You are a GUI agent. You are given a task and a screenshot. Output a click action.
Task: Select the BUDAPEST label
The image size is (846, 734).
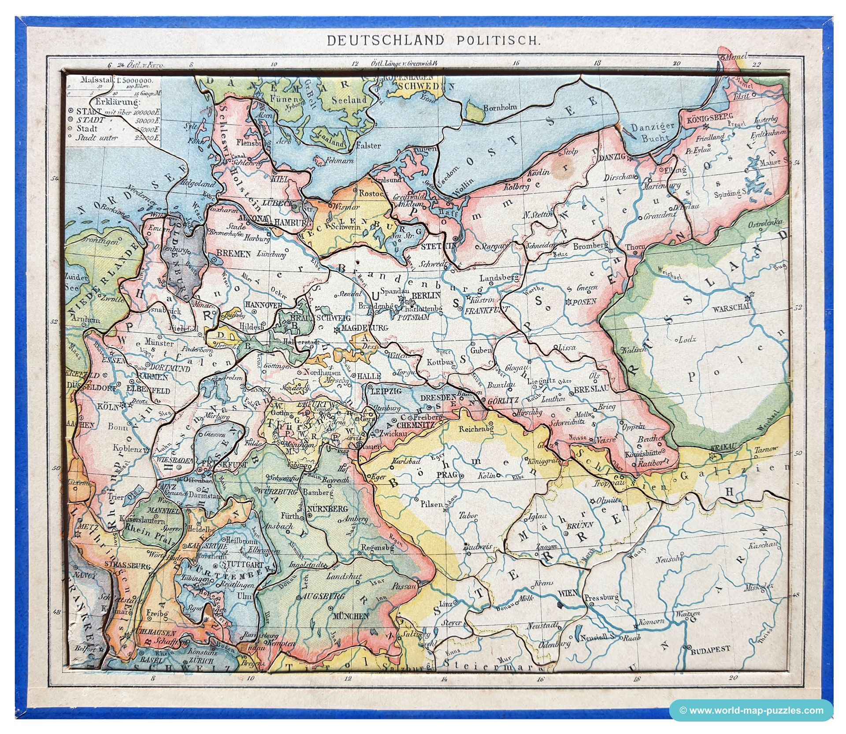pos(710,649)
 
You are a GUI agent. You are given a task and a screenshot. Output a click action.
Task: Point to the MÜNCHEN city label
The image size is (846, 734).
pos(351,616)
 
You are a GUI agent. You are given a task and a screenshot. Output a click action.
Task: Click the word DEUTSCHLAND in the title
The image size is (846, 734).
pos(384,41)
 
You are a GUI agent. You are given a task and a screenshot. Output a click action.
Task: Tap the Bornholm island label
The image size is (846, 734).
pos(500,107)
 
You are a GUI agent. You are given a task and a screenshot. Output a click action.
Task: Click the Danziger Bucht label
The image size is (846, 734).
pos(653,132)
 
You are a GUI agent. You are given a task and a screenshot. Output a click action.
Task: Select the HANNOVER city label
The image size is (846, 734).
pos(263,305)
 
